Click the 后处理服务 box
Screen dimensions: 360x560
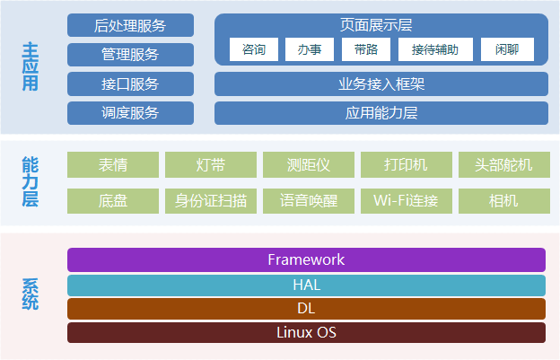[x=130, y=25]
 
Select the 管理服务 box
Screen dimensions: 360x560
[x=130, y=55]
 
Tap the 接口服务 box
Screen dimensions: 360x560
[x=130, y=84]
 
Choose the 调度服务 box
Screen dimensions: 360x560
[x=130, y=113]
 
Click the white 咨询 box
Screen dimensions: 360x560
[x=254, y=50]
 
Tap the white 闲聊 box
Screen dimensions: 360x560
[x=507, y=50]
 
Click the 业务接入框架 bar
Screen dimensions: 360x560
[x=381, y=84]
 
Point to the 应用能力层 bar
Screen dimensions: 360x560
[x=381, y=113]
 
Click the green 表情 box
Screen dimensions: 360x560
[x=113, y=165]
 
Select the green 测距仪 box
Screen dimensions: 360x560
[x=309, y=165]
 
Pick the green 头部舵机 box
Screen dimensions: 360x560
[x=503, y=165]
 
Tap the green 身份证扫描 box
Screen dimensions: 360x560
[x=211, y=200]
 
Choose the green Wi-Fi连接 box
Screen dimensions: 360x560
[x=406, y=200]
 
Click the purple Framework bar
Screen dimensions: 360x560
[x=306, y=259]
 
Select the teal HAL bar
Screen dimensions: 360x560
[x=306, y=285]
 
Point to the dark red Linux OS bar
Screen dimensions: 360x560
[x=306, y=332]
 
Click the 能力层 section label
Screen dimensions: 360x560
[x=31, y=181]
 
